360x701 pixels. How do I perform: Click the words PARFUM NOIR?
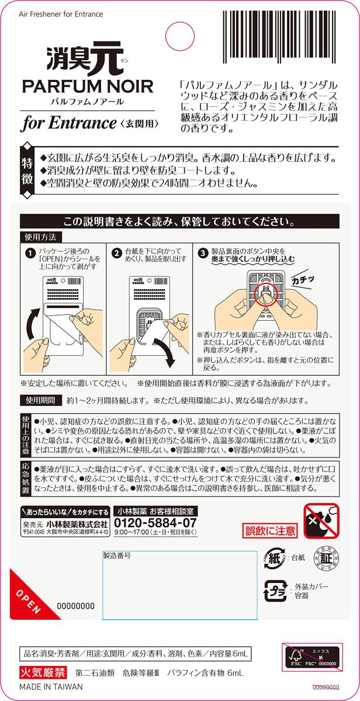[x=88, y=87]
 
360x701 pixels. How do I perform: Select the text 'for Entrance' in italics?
[x=70, y=123]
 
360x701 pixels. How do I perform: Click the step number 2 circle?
[x=116, y=253]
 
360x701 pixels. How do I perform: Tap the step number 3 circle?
[x=203, y=253]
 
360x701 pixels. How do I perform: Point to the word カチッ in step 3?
[x=303, y=279]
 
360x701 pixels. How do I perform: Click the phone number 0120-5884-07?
[x=155, y=522]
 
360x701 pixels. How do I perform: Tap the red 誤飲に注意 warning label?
[x=270, y=530]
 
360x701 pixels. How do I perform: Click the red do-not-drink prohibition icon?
[x=321, y=522]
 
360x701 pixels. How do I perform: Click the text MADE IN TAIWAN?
[x=51, y=687]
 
